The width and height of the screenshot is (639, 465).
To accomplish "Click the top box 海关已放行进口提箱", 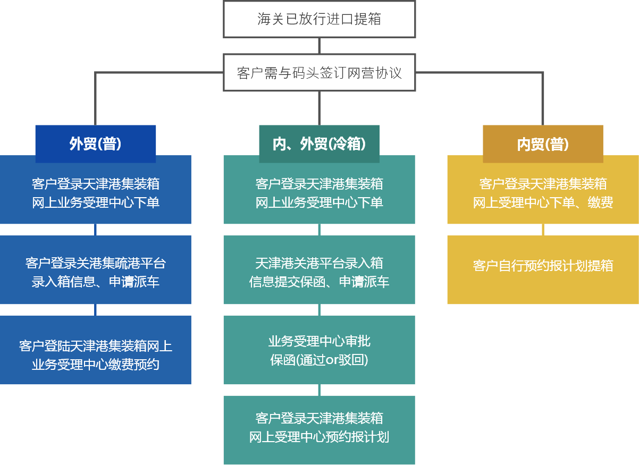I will (x=319, y=19).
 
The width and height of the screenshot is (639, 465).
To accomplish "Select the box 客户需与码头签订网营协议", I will (x=319, y=72).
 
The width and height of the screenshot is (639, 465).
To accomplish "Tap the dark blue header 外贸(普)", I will (x=96, y=143).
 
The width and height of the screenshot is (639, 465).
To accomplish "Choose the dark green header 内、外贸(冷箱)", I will (x=319, y=143).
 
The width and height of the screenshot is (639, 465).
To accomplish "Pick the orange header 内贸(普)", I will (x=543, y=144).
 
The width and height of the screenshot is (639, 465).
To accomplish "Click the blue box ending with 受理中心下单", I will (x=96, y=193).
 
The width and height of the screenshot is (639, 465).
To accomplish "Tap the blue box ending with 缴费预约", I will (x=96, y=355).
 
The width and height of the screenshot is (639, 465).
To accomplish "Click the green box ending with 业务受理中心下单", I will (x=319, y=193).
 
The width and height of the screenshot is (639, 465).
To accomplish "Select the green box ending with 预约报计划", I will (x=319, y=429).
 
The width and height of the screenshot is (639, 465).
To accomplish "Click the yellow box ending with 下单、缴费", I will (x=543, y=193).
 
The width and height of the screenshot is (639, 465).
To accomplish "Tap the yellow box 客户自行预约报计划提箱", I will (x=543, y=266).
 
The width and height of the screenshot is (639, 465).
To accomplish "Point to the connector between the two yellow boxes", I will (x=543, y=230).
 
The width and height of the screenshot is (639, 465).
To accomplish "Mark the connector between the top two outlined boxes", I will (x=319, y=46).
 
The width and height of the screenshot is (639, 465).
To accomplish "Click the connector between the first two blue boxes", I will (x=96, y=230).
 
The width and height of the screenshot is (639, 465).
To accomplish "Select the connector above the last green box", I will (x=319, y=390).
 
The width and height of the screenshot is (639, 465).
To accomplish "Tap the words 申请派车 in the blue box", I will (x=134, y=282).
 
